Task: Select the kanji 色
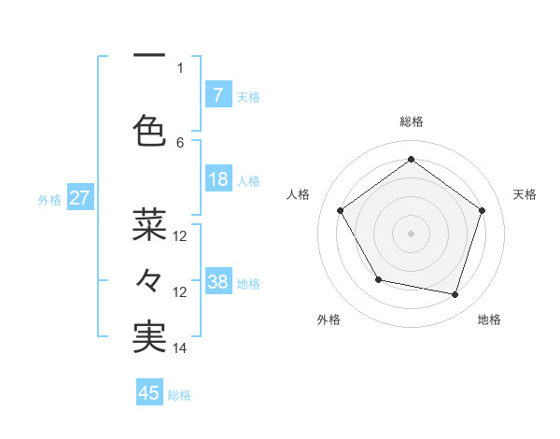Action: point(149,129)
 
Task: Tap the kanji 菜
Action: point(149,224)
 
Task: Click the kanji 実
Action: point(149,337)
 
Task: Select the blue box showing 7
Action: point(217,94)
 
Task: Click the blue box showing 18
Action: point(217,179)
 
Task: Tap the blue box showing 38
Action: point(217,282)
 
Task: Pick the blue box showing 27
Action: point(80,198)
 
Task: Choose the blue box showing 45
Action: point(149,393)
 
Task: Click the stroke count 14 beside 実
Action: point(180,348)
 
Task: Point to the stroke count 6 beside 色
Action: point(180,142)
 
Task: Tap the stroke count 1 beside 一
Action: point(180,67)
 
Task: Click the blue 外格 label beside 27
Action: point(49,199)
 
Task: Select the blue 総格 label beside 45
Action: point(179,394)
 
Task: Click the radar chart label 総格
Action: point(411,121)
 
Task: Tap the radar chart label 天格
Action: point(525,194)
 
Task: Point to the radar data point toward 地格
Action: point(455,295)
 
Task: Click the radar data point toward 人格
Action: point(341,211)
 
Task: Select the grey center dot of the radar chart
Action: point(411,233)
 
